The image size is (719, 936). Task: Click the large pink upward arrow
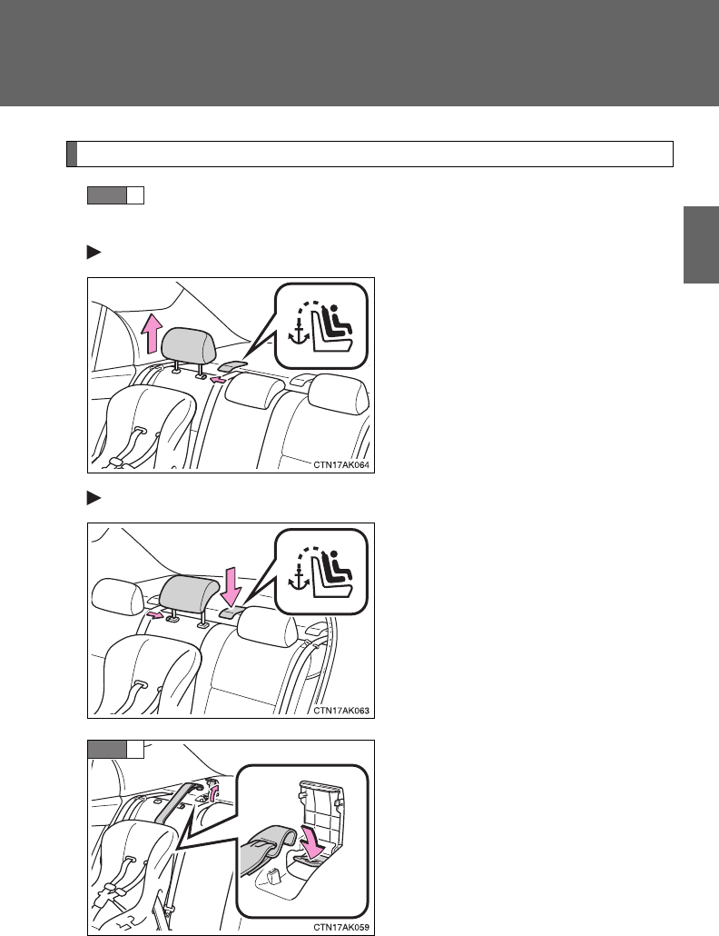pyautogui.click(x=153, y=336)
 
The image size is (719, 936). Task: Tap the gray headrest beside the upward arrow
pyautogui.click(x=189, y=347)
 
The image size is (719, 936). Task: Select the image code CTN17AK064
pyautogui.click(x=341, y=465)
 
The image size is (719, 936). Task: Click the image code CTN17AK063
pyautogui.click(x=341, y=711)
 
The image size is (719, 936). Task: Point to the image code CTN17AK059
pyautogui.click(x=341, y=928)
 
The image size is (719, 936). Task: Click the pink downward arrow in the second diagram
pyautogui.click(x=231, y=586)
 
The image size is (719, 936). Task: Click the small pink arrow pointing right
pyautogui.click(x=153, y=615)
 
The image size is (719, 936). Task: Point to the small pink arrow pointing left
pyautogui.click(x=219, y=380)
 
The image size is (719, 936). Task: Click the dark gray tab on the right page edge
pyautogui.click(x=701, y=244)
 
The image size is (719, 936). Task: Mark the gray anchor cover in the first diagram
pyautogui.click(x=233, y=366)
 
